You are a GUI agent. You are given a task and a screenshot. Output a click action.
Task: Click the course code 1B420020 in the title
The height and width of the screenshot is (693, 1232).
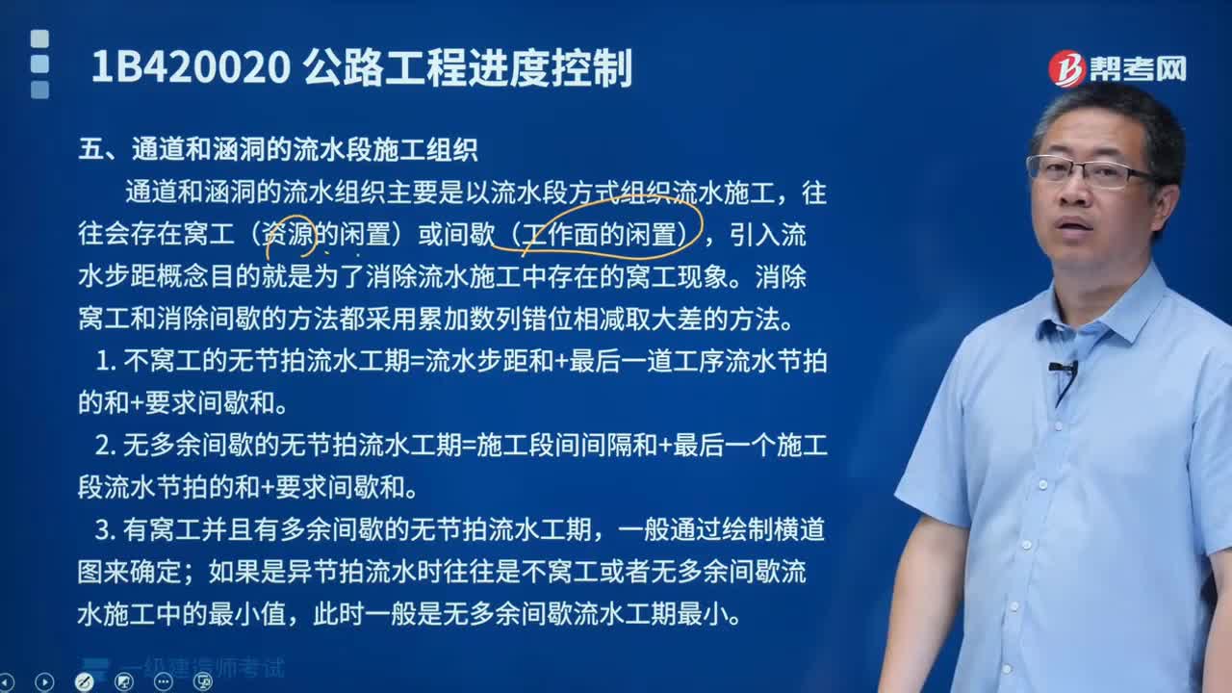[x=191, y=67]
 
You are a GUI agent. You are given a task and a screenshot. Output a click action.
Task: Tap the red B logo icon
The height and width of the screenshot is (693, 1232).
[x=1065, y=68]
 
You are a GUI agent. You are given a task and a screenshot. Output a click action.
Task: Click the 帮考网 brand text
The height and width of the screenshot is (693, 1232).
[x=1138, y=69]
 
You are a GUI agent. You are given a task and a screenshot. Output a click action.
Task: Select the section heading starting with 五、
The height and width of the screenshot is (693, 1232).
[x=278, y=149]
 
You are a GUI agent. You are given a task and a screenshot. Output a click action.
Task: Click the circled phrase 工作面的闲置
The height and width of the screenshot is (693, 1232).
[x=599, y=234]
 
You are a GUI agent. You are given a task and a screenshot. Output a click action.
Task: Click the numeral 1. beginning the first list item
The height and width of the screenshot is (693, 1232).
[x=106, y=361]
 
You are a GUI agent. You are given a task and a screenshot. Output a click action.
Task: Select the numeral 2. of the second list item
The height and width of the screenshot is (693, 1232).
[x=106, y=445]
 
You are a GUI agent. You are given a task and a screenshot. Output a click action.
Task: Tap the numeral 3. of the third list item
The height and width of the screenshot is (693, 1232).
[x=106, y=529]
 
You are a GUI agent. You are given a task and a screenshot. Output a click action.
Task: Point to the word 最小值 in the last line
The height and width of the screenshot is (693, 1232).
[x=247, y=614]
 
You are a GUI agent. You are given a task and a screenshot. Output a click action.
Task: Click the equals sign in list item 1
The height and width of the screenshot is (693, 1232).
[x=418, y=362]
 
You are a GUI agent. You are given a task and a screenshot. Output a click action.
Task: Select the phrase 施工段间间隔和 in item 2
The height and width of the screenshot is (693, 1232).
[x=567, y=445]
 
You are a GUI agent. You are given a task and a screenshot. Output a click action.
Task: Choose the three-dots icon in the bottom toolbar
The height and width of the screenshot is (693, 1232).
[x=163, y=682]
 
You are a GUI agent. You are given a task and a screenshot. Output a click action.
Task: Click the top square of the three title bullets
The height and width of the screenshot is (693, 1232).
[x=39, y=39]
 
